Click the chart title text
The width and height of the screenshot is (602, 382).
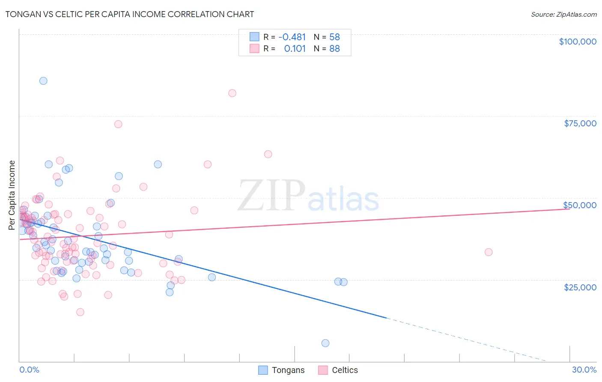point(130,14)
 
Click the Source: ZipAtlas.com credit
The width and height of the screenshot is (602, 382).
point(563,14)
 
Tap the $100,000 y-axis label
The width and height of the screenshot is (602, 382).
point(578,42)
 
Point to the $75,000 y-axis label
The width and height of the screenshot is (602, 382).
point(580,123)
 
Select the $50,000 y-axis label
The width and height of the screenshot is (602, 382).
point(580,205)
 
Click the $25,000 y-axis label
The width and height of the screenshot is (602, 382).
point(580,287)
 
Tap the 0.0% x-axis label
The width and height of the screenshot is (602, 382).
point(29,370)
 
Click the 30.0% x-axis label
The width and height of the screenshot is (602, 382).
point(584,370)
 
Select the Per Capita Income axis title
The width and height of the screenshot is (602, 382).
point(12,195)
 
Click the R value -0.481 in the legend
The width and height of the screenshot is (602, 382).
point(292,37)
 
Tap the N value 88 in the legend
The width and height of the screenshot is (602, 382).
point(334,49)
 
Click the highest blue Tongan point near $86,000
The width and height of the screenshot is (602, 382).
point(43,81)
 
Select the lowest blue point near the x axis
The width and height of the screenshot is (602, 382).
point(325,343)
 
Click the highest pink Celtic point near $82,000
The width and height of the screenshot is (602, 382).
point(232,93)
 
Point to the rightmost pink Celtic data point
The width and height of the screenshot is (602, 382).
point(489,252)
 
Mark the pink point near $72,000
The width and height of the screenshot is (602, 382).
point(118,124)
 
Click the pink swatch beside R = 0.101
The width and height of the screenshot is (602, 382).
point(254,48)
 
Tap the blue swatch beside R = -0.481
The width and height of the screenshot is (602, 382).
point(254,37)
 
